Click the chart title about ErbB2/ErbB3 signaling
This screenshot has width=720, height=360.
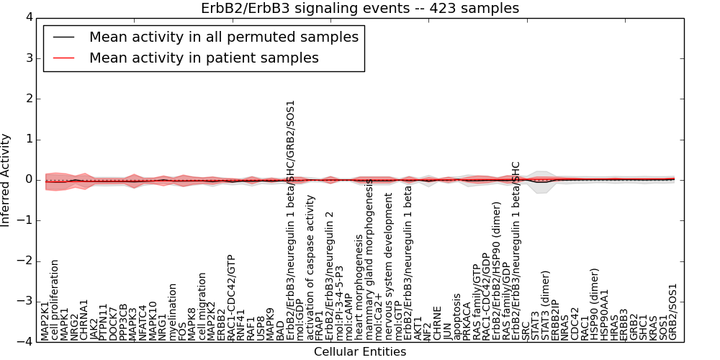point(359,8)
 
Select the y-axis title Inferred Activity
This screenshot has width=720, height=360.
point(6,180)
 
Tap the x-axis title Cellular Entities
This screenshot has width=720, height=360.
point(359,352)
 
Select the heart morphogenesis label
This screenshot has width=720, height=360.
point(358,287)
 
